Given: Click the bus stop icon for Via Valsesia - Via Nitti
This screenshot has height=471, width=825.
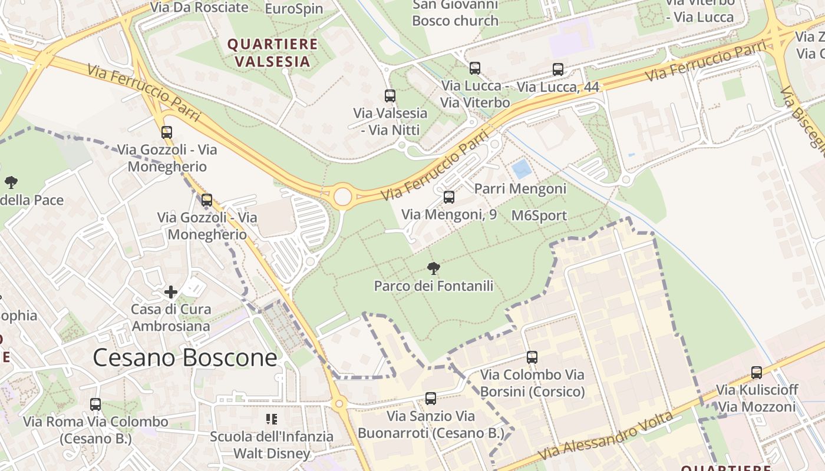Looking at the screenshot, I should [x=390, y=96].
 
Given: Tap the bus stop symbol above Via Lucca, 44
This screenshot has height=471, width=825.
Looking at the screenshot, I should [x=558, y=69].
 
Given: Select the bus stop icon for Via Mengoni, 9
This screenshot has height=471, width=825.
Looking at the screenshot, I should [x=448, y=197].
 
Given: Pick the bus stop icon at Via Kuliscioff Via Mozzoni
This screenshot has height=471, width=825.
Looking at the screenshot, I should [x=757, y=373].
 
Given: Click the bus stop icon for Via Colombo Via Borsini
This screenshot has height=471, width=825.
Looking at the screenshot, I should [x=532, y=357].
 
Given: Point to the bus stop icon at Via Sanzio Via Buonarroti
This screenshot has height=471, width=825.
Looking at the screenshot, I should [x=431, y=399].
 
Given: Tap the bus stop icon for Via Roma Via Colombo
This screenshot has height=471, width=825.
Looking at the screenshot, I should [x=95, y=404].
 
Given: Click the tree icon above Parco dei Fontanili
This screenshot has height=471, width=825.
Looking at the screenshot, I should [x=434, y=269].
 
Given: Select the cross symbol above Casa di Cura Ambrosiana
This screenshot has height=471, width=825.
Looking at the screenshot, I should [x=171, y=292].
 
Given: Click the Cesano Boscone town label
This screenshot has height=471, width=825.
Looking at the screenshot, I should [x=185, y=357].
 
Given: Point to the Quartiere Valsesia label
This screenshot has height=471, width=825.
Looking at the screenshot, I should [x=273, y=53].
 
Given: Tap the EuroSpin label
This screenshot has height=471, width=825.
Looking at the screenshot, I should [x=294, y=9].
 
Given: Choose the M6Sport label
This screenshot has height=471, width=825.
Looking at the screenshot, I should [x=539, y=215].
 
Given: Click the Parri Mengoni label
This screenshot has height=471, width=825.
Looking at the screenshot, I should [x=520, y=189].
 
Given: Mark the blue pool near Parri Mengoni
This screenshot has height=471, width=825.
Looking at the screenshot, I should [x=522, y=170].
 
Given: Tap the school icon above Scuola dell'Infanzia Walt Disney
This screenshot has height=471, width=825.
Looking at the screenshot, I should [x=272, y=419].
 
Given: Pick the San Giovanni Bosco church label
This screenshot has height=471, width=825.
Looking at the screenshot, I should [x=455, y=14].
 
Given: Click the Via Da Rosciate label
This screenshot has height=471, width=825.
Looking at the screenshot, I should [x=199, y=8].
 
